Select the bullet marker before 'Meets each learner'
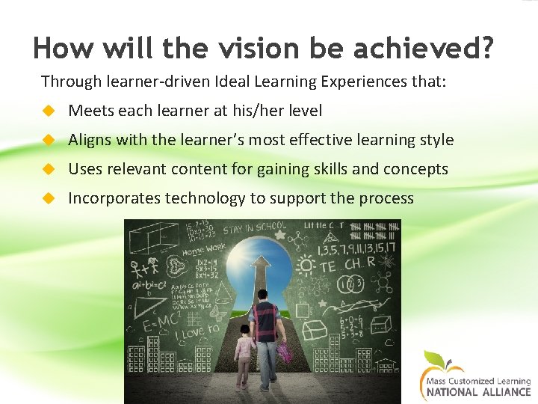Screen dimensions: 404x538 (49, 111)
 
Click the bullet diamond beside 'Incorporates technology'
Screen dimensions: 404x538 (49, 198)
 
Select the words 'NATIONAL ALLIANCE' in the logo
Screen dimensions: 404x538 (479, 391)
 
